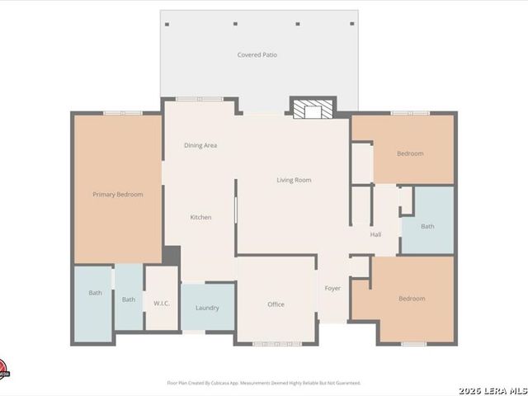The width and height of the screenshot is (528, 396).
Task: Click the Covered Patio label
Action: pyautogui.click(x=257, y=55)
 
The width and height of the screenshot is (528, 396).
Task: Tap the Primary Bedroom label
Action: pyautogui.click(x=118, y=195)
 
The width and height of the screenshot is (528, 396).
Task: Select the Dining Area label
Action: pyautogui.click(x=200, y=146)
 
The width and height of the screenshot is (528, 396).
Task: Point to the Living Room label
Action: pyautogui.click(x=294, y=180)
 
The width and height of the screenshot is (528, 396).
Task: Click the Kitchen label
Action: pyautogui.click(x=201, y=217)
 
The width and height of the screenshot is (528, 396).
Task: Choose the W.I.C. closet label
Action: pyautogui.click(x=162, y=302)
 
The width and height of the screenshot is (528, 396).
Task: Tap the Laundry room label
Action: pyautogui.click(x=207, y=308)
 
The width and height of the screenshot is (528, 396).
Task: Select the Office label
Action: pyautogui.click(x=276, y=304)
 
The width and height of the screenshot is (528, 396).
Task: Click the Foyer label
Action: pyautogui.click(x=332, y=288)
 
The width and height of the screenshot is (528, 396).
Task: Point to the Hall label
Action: pyautogui.click(x=375, y=235)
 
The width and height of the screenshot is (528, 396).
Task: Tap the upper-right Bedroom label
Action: pyautogui.click(x=410, y=153)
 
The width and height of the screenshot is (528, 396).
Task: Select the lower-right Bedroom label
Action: pyautogui.click(x=412, y=299)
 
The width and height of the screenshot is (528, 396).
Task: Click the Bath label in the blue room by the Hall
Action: pyautogui.click(x=427, y=226)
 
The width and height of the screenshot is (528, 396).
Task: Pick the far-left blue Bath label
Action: pyautogui.click(x=96, y=293)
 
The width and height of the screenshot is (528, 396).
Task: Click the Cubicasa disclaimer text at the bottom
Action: pyautogui.click(x=264, y=383)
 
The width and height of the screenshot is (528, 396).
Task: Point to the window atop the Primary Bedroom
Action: pyautogui.click(x=122, y=112)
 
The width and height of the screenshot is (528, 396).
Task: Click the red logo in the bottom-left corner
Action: pyautogui.click(x=3, y=368)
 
